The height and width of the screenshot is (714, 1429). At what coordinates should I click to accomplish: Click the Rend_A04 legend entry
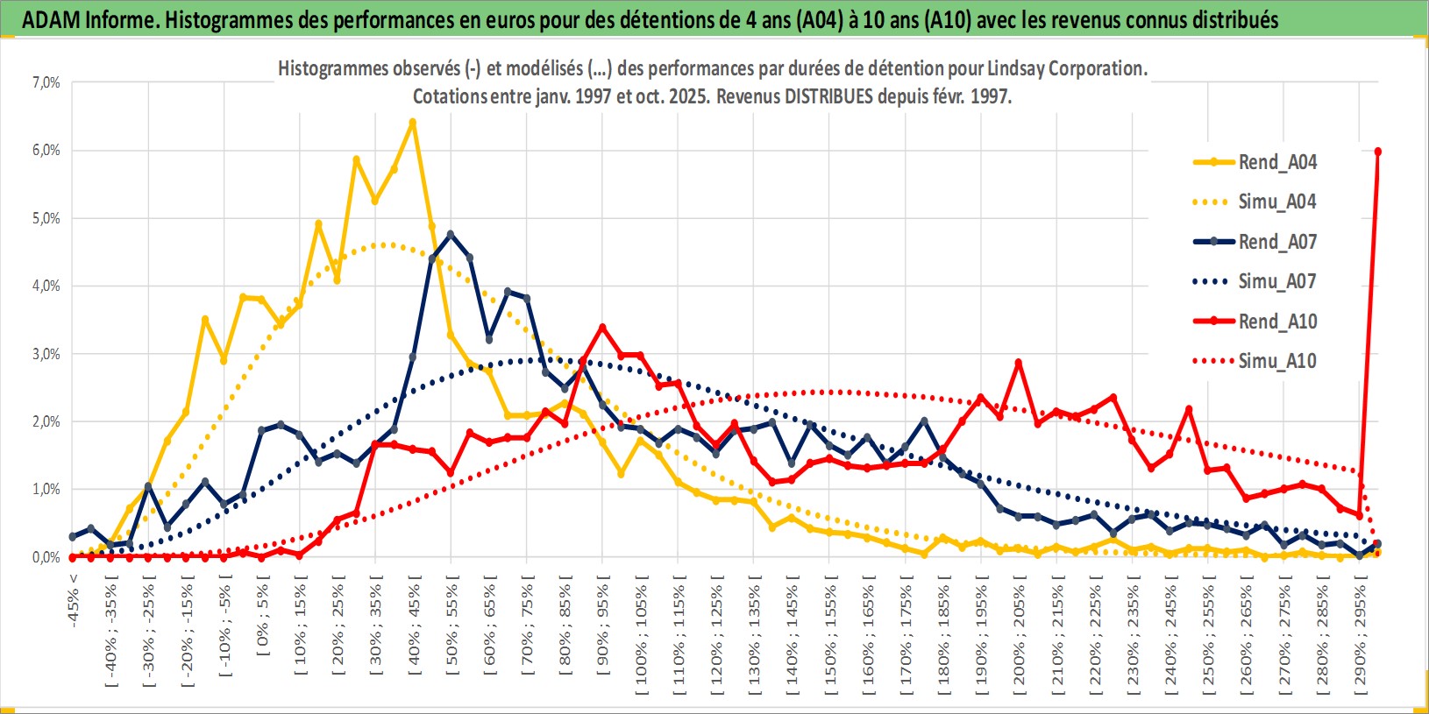coord(1276,162)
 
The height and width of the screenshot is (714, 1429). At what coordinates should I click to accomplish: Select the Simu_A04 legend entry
coord(1276,201)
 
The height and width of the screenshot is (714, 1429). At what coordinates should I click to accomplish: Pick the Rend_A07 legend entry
coord(1276,242)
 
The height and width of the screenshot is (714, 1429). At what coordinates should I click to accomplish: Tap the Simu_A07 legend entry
coord(1276,281)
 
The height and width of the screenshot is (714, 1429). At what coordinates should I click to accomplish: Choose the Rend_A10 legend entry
coord(1276,322)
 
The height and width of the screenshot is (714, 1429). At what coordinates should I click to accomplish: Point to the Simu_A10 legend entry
coord(1276,361)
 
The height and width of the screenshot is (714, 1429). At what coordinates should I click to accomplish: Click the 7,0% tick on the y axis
coord(46,82)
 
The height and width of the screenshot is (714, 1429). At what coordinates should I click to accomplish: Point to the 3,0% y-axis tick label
coord(46,354)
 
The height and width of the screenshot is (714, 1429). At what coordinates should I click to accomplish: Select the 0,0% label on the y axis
coord(46,557)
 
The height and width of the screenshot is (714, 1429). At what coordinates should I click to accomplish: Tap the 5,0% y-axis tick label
coord(46,218)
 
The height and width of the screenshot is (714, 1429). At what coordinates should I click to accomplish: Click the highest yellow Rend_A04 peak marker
coord(412,123)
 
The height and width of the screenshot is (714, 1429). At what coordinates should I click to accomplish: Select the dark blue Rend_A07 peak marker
coord(451,235)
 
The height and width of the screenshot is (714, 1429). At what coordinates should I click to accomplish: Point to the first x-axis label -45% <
coord(75,600)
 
